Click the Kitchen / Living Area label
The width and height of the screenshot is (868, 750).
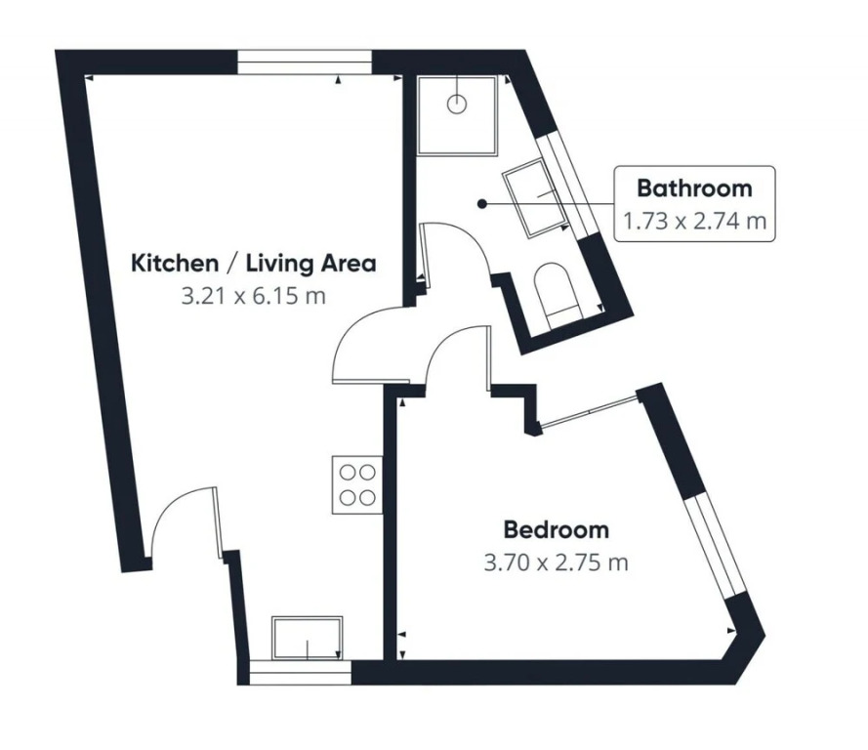[254, 263]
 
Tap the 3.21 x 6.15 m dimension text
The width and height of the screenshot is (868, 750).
[254, 296]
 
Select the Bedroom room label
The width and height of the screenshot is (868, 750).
[557, 529]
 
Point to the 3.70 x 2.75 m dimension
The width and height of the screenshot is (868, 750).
[557, 562]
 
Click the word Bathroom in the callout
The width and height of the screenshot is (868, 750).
[695, 188]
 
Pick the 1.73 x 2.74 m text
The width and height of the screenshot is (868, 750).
[695, 222]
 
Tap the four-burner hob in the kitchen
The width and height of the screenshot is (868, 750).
[357, 485]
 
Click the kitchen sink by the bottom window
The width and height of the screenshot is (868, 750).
[308, 639]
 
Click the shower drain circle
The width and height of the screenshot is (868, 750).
[457, 104]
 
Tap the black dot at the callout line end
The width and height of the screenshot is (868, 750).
[482, 204]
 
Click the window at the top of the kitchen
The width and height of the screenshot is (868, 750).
[305, 62]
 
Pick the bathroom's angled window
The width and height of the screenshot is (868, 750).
[567, 185]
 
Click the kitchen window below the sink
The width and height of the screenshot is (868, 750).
[300, 673]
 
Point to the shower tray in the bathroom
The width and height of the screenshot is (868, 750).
[457, 115]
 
